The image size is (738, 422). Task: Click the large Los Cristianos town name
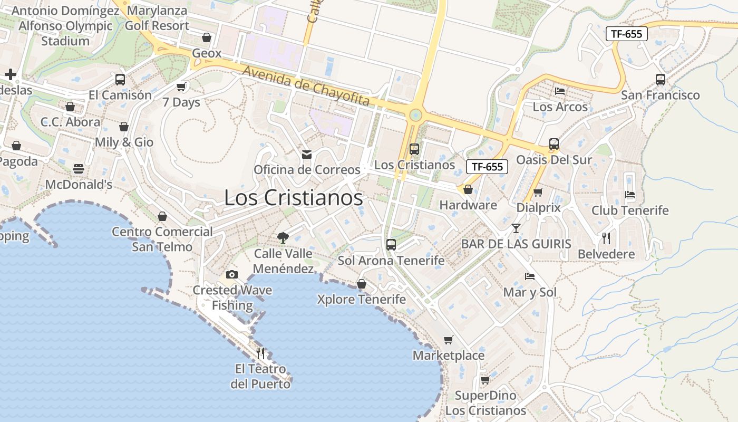coord(294,198)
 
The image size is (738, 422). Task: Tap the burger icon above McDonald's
coord(79,168)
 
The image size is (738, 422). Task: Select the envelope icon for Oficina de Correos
coord(306,154)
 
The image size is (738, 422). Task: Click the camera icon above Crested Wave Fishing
coord(231,274)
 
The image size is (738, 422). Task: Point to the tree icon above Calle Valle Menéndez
coord(283,237)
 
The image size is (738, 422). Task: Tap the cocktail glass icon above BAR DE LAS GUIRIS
coord(516,228)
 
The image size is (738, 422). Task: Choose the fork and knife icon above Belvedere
coord(606,238)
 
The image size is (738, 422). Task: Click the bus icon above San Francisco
coord(660,80)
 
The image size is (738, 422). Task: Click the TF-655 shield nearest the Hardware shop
coord(487,167)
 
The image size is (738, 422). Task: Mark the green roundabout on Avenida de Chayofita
coord(415,114)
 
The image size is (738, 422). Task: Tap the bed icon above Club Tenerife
coord(629,194)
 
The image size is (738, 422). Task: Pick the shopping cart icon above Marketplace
coord(448,340)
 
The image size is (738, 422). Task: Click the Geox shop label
coord(207,53)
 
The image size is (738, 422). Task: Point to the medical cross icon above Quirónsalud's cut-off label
coord(10,74)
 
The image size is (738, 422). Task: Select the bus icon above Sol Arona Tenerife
coord(391,244)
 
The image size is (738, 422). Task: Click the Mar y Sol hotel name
coord(530,292)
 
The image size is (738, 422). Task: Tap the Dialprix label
coord(538,207)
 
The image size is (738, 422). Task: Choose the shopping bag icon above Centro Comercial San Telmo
coord(162,216)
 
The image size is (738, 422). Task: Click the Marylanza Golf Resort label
coord(157,18)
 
